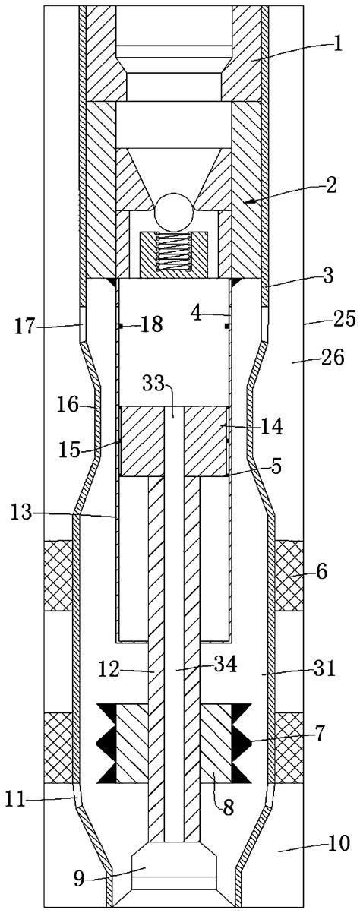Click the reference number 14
pyautogui.click(x=271, y=428)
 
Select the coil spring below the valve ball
pyautogui.click(x=175, y=251)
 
